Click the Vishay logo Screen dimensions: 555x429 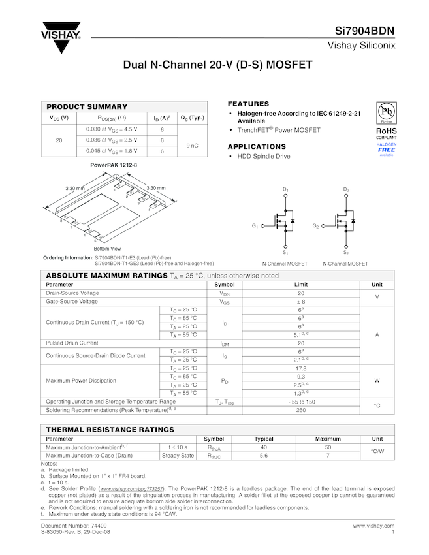(61, 39)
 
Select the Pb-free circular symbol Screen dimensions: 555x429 (386, 110)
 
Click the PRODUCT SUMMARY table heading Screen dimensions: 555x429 (87, 106)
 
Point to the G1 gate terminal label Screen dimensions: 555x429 (255, 226)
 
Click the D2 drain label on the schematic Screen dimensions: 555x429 (347, 189)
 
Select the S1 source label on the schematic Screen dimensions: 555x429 (285, 253)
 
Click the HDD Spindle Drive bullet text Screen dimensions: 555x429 (264, 157)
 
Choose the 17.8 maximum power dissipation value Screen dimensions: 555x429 (301, 368)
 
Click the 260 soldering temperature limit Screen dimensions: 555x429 (301, 410)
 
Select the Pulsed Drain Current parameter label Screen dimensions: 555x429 (72, 343)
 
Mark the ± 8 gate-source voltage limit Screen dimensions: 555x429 (301, 302)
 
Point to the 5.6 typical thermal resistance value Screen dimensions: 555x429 (264, 456)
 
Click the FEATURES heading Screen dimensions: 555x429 (248, 104)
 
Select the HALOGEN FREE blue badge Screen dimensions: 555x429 (387, 149)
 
